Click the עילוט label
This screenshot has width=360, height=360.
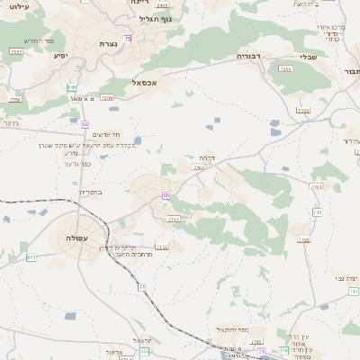click(x=17, y=8)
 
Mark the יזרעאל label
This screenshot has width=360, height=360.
click(x=142, y=341)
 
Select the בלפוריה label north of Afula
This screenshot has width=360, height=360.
click(x=92, y=192)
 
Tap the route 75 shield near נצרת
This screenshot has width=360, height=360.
click(x=128, y=40)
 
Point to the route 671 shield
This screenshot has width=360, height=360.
click(x=31, y=257)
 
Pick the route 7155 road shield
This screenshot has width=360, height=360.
click(x=162, y=247)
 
